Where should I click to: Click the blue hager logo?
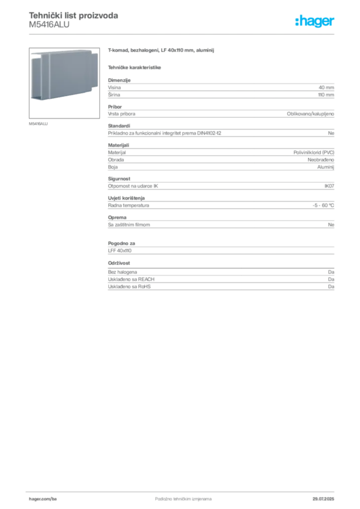[x=315, y=22]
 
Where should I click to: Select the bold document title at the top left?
[x=74, y=16]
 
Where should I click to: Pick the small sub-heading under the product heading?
[x=135, y=67]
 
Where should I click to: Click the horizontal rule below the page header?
[x=183, y=34]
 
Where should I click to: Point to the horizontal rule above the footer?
[x=183, y=490]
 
